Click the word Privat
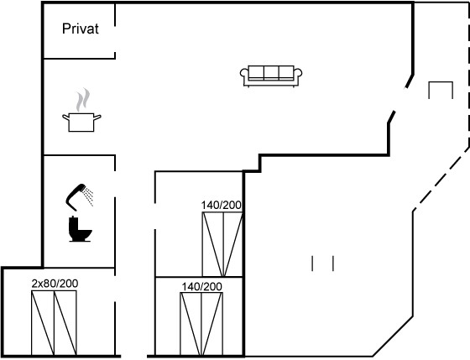click(81, 29)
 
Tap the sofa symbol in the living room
click(271, 76)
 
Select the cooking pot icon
click(81, 123)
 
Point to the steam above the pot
click(83, 100)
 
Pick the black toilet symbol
click(80, 229)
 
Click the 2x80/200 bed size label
click(55, 284)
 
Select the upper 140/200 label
click(222, 206)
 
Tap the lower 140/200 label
click(201, 287)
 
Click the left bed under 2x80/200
click(43, 323)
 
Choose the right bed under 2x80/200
click(65, 323)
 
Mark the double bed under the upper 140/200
click(222, 244)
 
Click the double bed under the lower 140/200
click(201, 324)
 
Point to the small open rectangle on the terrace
click(441, 82)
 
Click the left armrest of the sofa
click(244, 74)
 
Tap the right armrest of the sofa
click(298, 74)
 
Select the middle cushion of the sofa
click(271, 72)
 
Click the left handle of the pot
click(65, 117)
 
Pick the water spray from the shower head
click(89, 196)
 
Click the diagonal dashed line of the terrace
click(441, 180)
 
